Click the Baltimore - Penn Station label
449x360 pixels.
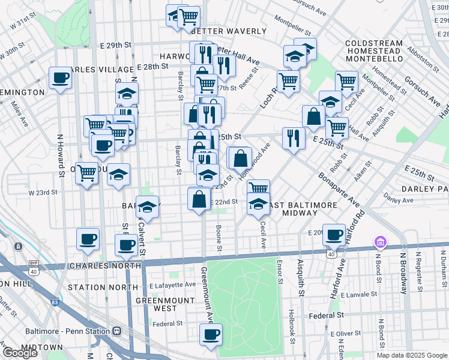pos(68,331)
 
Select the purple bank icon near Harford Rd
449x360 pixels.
pos(380,242)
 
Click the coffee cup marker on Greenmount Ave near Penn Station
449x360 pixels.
pos(211,335)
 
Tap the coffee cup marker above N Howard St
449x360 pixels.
pos(60,77)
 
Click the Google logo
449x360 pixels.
pos(20,352)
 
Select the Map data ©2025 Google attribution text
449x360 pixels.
pos(412,355)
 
